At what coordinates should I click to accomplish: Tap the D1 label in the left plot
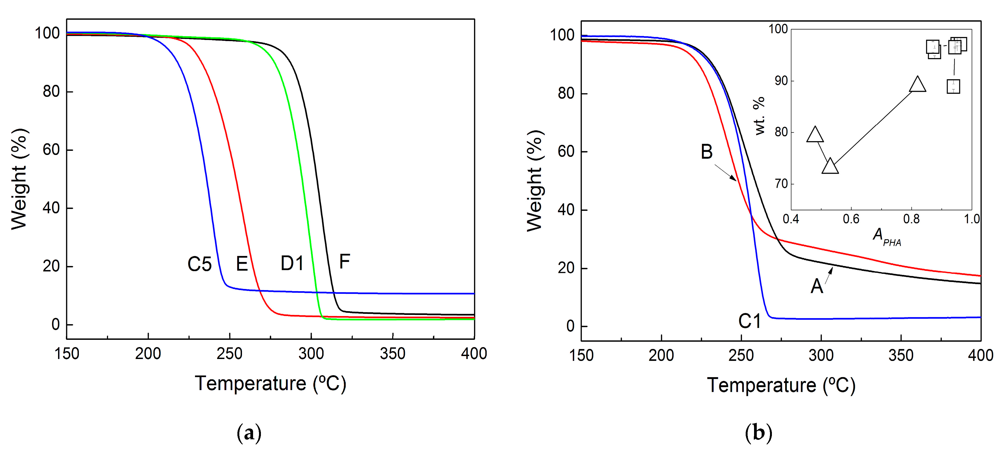[292, 264]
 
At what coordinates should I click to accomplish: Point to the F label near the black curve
[344, 262]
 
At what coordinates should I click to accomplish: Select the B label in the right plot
[706, 152]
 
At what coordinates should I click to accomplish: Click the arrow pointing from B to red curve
[725, 173]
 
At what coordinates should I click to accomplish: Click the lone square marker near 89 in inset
[953, 87]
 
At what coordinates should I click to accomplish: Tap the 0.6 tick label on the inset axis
[851, 219]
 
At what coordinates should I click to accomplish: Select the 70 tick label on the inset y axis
[781, 184]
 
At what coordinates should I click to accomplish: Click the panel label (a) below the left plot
[249, 433]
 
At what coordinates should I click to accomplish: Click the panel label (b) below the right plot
[758, 433]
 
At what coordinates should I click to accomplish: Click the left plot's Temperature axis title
[270, 384]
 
